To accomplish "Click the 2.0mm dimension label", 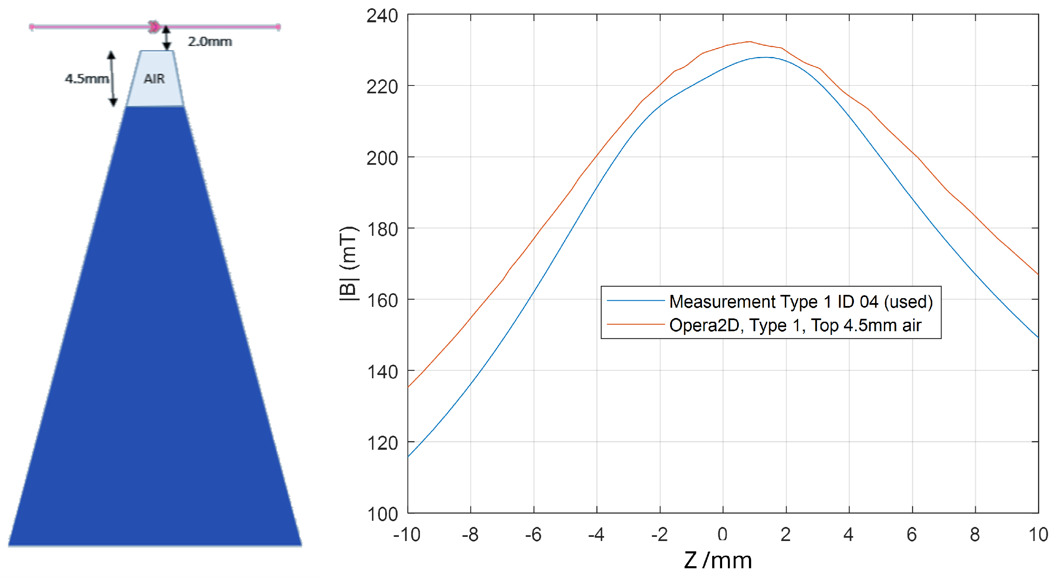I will pos(210,42).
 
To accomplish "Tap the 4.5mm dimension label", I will pos(87,78).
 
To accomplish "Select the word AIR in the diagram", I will pos(154,78).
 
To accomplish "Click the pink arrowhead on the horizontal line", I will pos(154,27).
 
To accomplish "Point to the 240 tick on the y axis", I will pos(382,16).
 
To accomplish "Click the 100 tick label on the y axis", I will pos(382,515).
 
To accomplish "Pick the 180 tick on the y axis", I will pos(382,230).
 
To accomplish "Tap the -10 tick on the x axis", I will pos(407,534).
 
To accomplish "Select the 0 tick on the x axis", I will pos(723,534).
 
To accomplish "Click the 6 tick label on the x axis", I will pos(912,534).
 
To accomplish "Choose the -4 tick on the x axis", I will pos(596,534).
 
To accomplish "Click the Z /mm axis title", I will pos(718,560).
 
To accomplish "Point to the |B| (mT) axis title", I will pos(348,264).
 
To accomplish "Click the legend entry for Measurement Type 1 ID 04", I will pos(801,301).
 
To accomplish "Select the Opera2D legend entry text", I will pos(795,325).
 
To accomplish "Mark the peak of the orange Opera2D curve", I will pos(749,42).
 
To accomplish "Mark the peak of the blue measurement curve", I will pos(766,57).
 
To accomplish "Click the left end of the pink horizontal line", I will pos(32,27).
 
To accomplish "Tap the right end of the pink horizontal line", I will pos(278,27).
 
